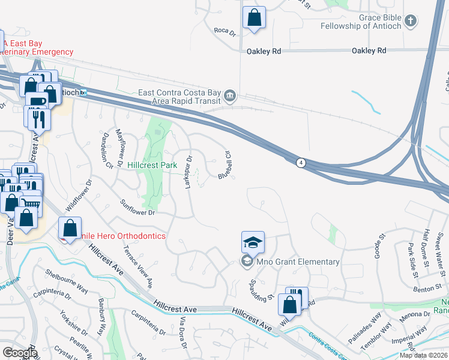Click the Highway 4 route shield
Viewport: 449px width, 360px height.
[300, 162]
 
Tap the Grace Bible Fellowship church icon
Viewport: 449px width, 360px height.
[411, 22]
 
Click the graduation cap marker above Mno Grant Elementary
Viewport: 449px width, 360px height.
[253, 242]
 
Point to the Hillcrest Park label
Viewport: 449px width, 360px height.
[151, 165]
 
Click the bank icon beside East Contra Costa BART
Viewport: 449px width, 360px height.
[229, 96]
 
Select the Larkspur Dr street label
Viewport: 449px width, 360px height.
[188, 173]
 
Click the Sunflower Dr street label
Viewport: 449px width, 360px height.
[138, 208]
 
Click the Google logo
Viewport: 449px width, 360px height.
[19, 353]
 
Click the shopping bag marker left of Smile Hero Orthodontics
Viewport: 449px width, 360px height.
[70, 228]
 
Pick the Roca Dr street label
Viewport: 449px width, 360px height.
[225, 31]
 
